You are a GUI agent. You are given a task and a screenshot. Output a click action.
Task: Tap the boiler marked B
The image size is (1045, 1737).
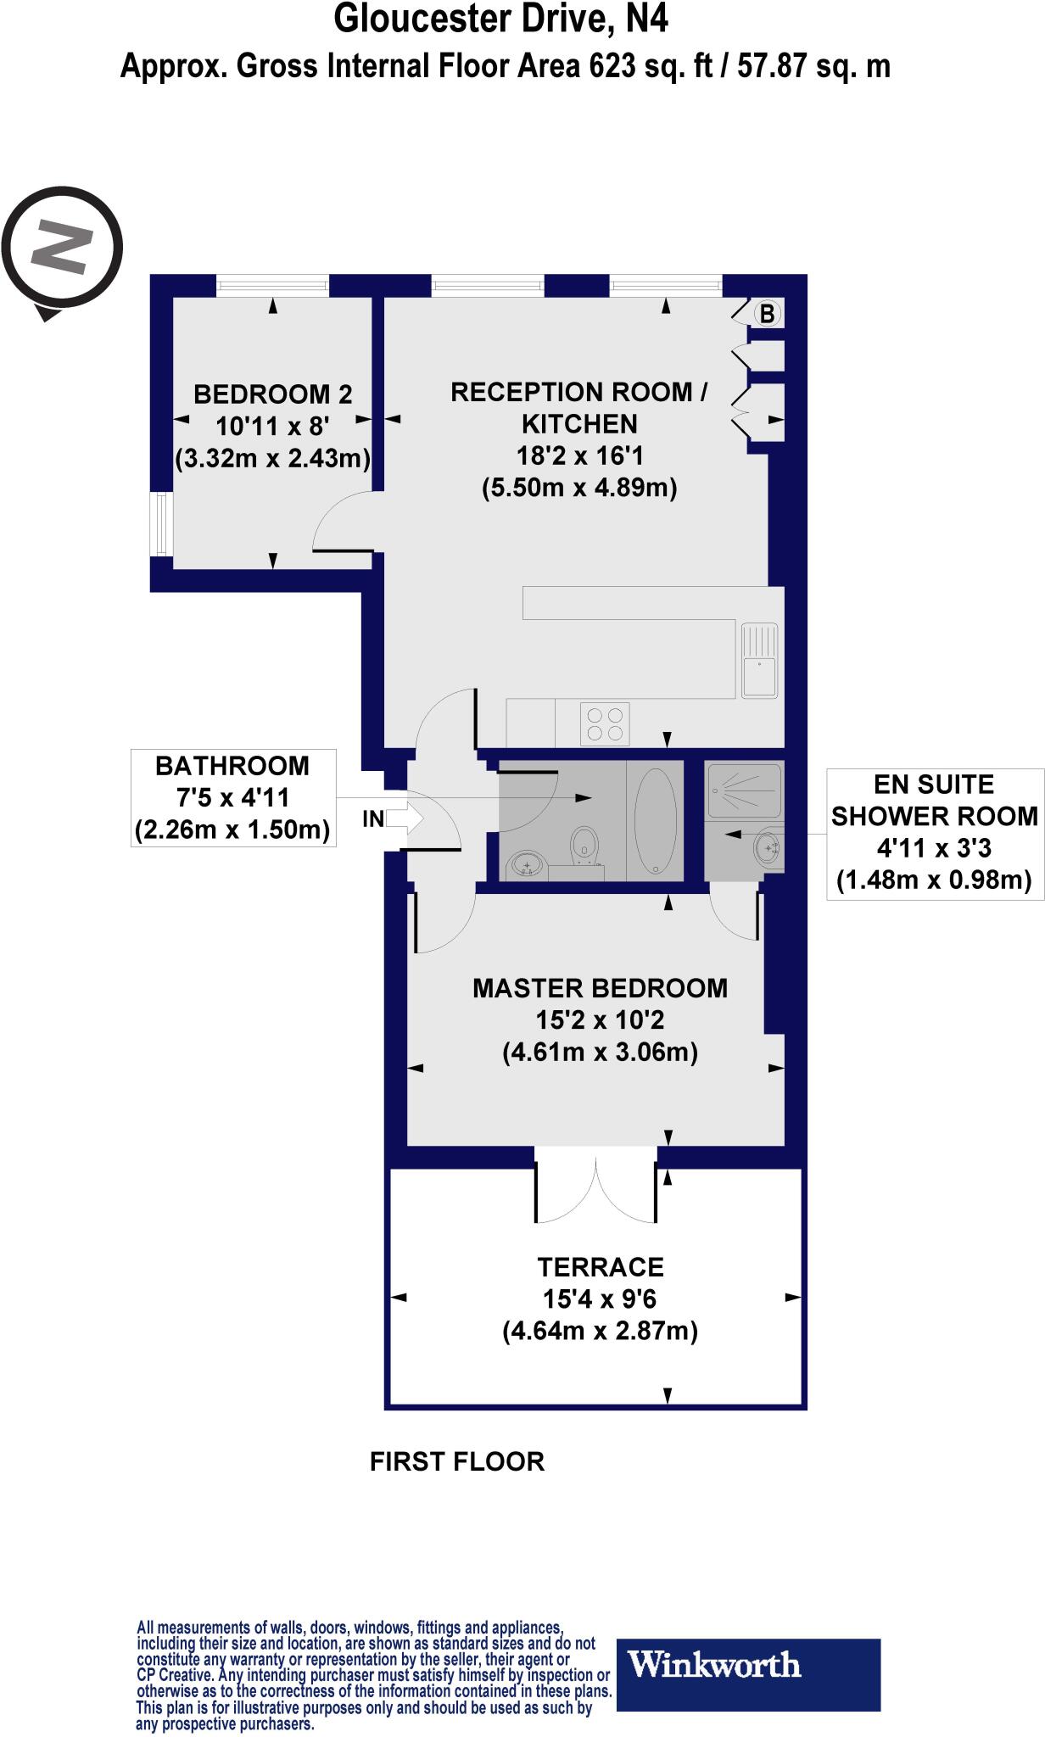(x=766, y=314)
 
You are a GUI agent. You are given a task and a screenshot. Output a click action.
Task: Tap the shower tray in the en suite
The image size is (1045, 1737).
(x=744, y=790)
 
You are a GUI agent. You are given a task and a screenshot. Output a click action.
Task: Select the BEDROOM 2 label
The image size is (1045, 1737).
(x=272, y=394)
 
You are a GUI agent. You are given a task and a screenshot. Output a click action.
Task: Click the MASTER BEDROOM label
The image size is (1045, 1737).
(x=600, y=988)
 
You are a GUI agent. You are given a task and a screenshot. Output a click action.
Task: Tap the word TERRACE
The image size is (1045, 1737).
(x=600, y=1267)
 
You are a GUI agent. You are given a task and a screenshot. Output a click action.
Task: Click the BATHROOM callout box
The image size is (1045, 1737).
(x=232, y=797)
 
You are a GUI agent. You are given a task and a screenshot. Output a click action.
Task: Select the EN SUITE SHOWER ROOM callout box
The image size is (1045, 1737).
(x=934, y=832)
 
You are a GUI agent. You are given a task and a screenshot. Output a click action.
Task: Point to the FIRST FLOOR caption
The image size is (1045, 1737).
(x=457, y=1461)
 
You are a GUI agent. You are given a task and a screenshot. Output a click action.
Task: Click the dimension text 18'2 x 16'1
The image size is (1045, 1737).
(x=580, y=456)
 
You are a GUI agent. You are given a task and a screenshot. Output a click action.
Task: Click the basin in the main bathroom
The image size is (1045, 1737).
(x=528, y=866)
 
